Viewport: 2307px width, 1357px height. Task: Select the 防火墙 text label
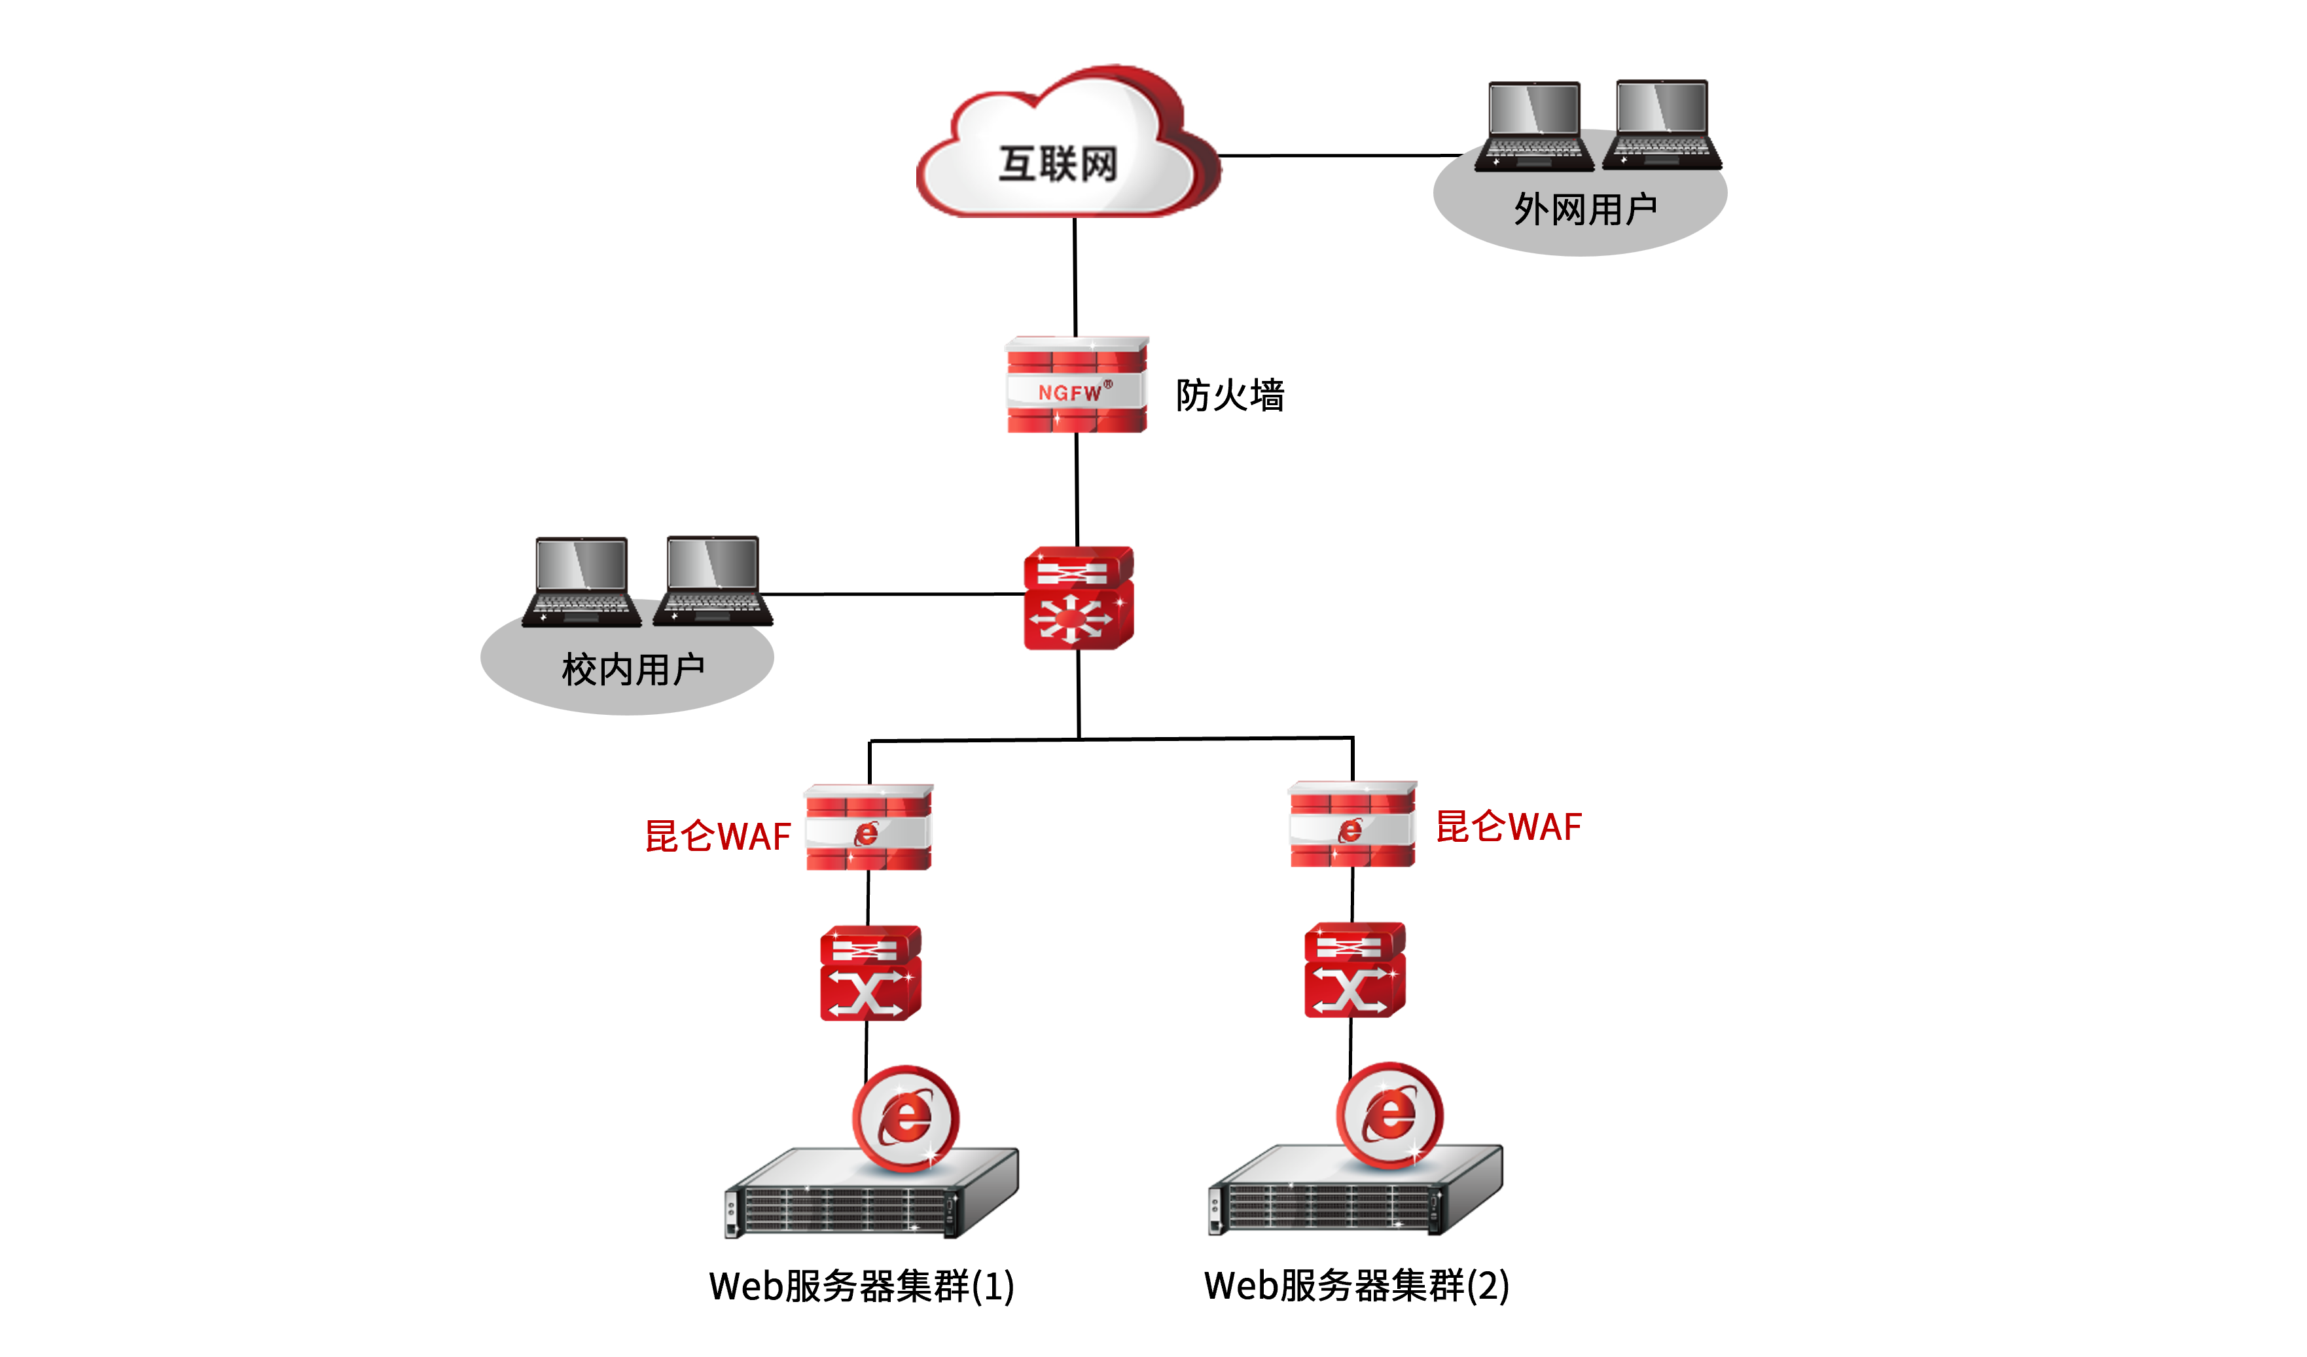click(1230, 395)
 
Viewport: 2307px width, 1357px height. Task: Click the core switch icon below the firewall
click(1079, 598)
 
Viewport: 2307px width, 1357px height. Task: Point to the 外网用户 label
click(1584, 209)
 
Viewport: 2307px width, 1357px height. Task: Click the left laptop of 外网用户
click(1533, 126)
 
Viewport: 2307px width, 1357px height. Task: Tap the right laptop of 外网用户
click(1662, 124)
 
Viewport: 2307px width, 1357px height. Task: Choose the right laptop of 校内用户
click(712, 581)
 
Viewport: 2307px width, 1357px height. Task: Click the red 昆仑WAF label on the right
click(1508, 826)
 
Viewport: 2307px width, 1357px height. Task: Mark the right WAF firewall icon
click(1352, 824)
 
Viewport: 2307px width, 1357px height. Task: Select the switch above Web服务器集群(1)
click(870, 973)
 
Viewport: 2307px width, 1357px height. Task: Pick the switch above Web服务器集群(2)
click(1354, 969)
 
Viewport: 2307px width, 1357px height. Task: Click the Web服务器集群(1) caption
click(861, 1286)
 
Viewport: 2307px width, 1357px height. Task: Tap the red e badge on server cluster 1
click(905, 1118)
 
